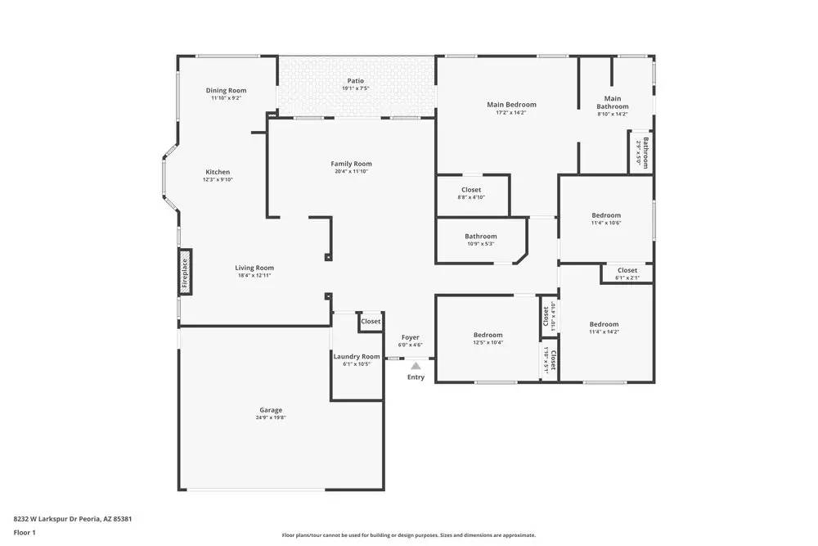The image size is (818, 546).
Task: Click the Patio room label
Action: tap(355, 81)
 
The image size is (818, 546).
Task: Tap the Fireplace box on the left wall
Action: tap(185, 273)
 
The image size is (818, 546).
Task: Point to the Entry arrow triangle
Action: tap(416, 366)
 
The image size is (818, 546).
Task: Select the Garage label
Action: tap(271, 410)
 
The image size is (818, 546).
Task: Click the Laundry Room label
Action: tap(357, 357)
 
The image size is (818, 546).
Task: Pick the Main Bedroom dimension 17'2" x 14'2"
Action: tap(511, 113)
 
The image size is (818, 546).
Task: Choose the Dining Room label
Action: tap(226, 91)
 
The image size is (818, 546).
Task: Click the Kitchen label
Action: tap(218, 172)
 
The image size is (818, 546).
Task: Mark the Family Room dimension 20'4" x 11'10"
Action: tap(352, 172)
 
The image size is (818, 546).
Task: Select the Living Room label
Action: tap(254, 268)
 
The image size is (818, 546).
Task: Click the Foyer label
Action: tap(410, 337)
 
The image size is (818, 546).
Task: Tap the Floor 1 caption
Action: tap(25, 532)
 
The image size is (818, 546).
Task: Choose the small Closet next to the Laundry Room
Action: tap(371, 322)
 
